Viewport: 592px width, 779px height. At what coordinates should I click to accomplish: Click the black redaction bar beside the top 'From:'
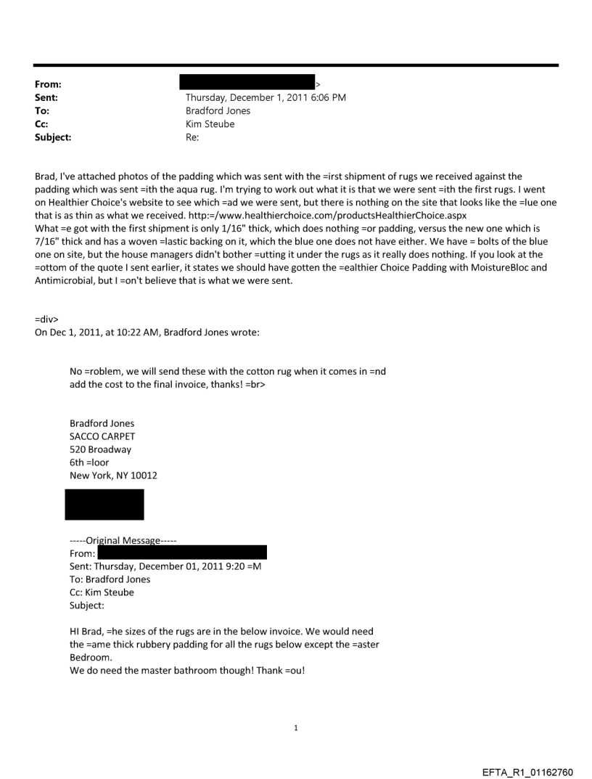click(x=250, y=83)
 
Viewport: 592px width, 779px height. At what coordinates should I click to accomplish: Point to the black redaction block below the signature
click(x=104, y=504)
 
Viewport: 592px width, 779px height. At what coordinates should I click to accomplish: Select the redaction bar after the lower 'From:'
click(x=182, y=552)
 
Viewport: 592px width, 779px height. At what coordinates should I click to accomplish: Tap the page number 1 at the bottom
click(x=295, y=727)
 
